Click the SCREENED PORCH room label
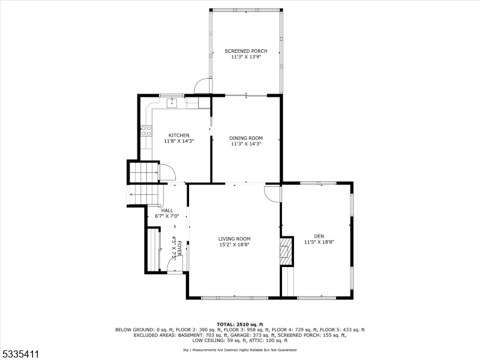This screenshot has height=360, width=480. pyautogui.click(x=246, y=51)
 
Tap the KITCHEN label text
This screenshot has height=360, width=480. pyautogui.click(x=179, y=135)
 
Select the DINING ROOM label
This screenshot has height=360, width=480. pyautogui.click(x=246, y=138)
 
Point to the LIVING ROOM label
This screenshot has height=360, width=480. pyautogui.click(x=234, y=238)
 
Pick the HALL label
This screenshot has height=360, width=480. pyautogui.click(x=167, y=211)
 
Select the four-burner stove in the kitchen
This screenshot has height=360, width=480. pyautogui.click(x=145, y=130)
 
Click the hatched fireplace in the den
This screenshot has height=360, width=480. pyautogui.click(x=287, y=251)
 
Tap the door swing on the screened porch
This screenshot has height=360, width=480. pyautogui.click(x=204, y=86)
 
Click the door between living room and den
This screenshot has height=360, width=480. pyautogui.click(x=273, y=193)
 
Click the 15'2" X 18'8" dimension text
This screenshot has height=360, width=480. pyautogui.click(x=234, y=245)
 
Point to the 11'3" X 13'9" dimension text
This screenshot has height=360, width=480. pyautogui.click(x=246, y=57)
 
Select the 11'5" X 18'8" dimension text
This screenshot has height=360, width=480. pyautogui.click(x=319, y=242)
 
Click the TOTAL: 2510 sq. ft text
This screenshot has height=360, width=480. pyautogui.click(x=240, y=324)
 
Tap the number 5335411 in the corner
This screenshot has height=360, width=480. pyautogui.click(x=20, y=355)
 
